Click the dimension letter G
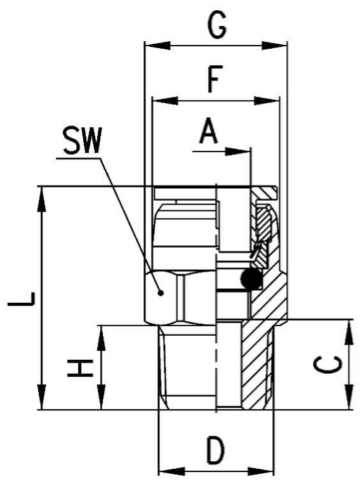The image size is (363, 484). pyautogui.click(x=217, y=26)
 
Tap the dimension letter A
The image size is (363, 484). pyautogui.click(x=208, y=131)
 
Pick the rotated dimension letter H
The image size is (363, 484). pyautogui.click(x=80, y=368)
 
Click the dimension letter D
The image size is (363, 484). pyautogui.click(x=215, y=449)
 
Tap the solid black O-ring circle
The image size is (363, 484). pyautogui.click(x=251, y=279)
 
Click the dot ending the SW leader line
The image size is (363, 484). pyautogui.click(x=161, y=293)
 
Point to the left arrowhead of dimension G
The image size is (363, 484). pyautogui.click(x=157, y=46)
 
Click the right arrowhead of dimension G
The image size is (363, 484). pyautogui.click(x=274, y=46)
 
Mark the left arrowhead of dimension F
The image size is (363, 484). pyautogui.click(x=166, y=101)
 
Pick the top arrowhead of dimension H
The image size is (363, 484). pyautogui.click(x=101, y=338)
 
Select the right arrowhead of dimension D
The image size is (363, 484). pyautogui.click(x=261, y=472)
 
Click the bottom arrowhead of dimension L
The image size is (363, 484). pyautogui.click(x=41, y=397)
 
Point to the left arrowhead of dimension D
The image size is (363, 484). pyautogui.click(x=171, y=472)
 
